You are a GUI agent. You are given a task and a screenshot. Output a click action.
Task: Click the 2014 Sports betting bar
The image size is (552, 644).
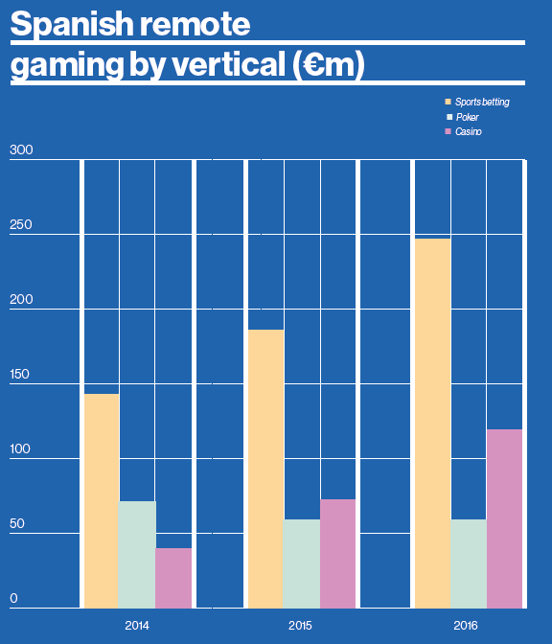(x=102, y=500)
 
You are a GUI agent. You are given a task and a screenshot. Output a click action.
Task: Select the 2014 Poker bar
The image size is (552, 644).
(x=137, y=554)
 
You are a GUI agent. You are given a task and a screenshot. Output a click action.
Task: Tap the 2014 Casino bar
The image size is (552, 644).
(x=173, y=578)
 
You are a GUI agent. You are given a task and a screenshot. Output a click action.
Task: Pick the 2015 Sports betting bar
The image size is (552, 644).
(x=265, y=469)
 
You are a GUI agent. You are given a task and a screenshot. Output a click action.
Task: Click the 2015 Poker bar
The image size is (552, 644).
(x=302, y=563)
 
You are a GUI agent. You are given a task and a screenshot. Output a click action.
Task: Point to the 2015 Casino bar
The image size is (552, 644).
(x=337, y=553)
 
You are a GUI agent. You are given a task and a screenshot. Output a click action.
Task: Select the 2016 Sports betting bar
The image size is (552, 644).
(x=431, y=423)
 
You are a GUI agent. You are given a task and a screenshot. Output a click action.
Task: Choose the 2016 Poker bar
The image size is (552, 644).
(x=468, y=563)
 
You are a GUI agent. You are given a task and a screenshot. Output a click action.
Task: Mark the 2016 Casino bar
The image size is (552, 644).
(x=504, y=518)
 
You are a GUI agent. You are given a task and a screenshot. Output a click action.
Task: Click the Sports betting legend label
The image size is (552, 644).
(x=482, y=102)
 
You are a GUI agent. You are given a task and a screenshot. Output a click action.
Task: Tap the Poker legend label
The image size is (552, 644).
(x=468, y=116)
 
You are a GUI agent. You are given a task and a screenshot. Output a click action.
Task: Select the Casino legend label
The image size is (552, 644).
(x=469, y=131)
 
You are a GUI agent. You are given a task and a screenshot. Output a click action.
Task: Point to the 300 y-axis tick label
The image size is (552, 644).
(x=20, y=150)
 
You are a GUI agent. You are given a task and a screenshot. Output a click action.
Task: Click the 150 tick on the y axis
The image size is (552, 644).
(x=20, y=375)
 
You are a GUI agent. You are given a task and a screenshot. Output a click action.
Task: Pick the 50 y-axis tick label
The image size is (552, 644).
(x=17, y=524)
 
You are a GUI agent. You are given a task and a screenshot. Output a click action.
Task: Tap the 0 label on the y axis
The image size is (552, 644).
(x=13, y=599)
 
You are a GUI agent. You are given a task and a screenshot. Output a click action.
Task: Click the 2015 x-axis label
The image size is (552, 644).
(x=301, y=625)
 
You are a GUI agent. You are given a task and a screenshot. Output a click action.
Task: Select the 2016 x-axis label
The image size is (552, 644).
(x=467, y=625)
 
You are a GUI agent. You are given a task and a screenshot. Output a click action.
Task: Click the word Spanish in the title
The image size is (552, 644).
(x=74, y=25)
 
